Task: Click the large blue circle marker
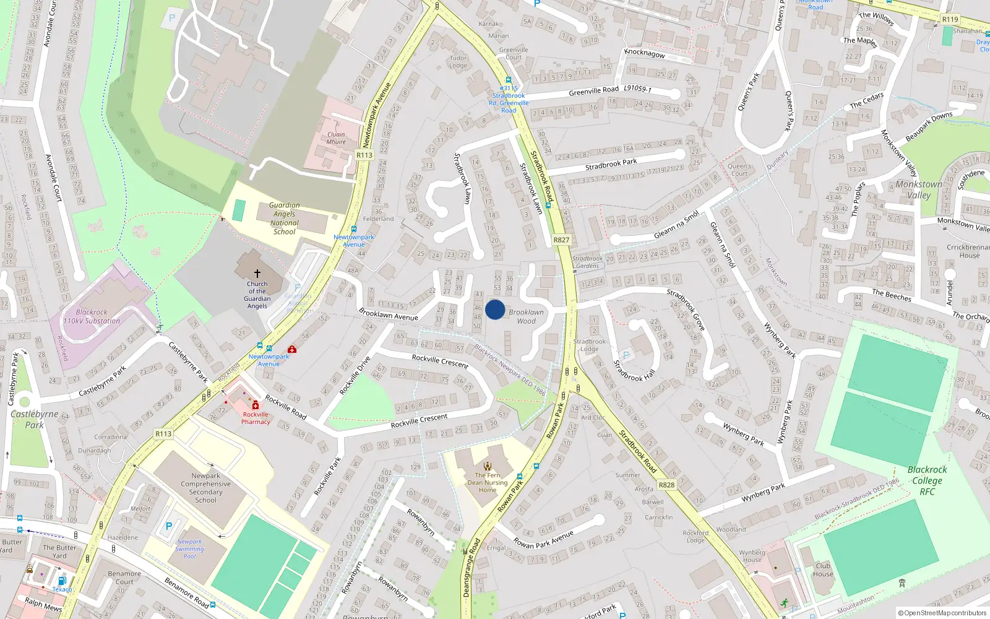(495, 309)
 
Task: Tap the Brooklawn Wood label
(526, 316)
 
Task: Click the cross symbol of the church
(257, 273)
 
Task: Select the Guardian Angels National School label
(284, 219)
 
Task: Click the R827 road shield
(561, 240)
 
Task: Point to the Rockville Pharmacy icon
(256, 405)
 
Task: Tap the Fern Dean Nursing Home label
(488, 482)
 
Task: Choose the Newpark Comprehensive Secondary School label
(205, 488)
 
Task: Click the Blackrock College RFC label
(927, 480)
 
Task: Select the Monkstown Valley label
(919, 189)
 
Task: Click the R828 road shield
(666, 485)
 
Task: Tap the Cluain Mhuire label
(336, 138)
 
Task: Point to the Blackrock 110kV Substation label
(92, 316)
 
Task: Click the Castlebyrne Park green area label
(35, 419)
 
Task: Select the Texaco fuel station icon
(62, 581)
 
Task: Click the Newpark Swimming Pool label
(189, 548)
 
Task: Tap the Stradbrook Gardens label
(587, 262)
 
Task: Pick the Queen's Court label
(739, 170)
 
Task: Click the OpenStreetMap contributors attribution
(942, 613)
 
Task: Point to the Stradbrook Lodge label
(590, 345)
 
